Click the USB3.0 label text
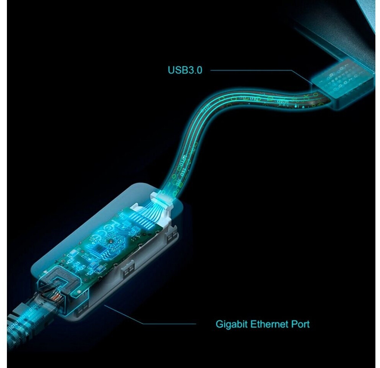click(185, 70)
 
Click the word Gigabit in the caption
click(231, 324)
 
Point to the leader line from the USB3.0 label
click(261, 71)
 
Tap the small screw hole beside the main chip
click(111, 242)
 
